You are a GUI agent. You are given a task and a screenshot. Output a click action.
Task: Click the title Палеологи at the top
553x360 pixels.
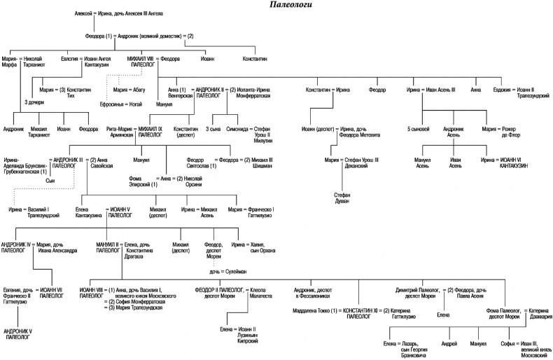(290, 6)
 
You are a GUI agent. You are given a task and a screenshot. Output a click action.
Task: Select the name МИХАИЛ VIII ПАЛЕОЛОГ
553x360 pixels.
(140, 62)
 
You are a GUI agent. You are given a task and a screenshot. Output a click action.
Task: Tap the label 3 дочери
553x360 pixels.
(35, 103)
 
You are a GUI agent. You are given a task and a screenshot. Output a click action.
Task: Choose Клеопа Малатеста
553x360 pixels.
(256, 293)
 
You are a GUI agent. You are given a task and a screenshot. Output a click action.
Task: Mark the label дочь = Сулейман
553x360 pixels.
(223, 270)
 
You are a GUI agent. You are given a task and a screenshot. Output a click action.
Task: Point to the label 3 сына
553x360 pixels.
(214, 130)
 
